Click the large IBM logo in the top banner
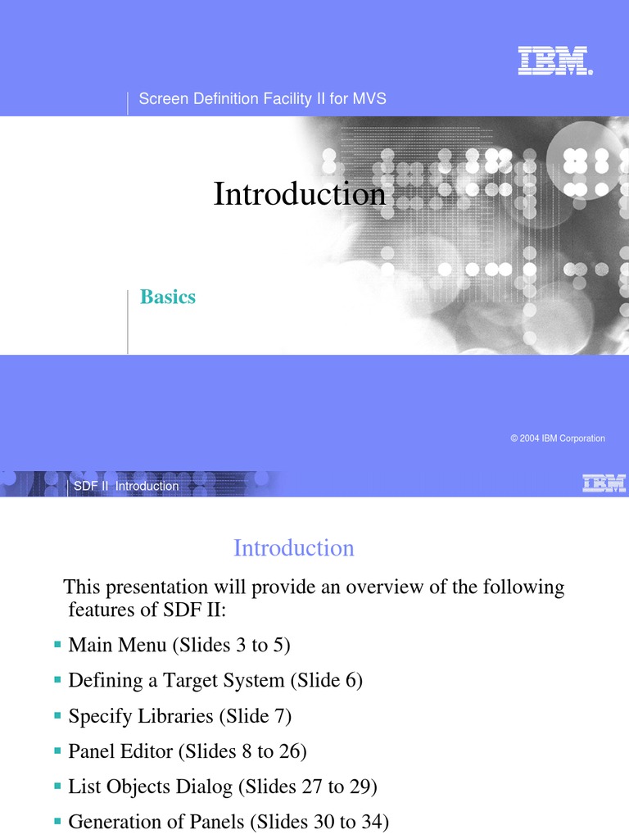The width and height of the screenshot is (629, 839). click(554, 61)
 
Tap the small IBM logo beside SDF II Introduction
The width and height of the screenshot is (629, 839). click(604, 483)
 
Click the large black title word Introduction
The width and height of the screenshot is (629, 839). click(299, 194)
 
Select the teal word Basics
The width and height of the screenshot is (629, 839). click(168, 297)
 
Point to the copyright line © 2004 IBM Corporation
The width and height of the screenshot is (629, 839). click(557, 438)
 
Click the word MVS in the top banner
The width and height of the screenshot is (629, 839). click(369, 99)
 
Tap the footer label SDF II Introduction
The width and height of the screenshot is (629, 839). click(126, 486)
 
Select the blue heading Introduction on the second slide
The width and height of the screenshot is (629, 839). click(294, 548)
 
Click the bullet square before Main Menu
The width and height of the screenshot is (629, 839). click(57, 646)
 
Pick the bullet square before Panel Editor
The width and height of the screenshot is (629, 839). click(57, 750)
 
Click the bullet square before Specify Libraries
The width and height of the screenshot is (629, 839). click(57, 715)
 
